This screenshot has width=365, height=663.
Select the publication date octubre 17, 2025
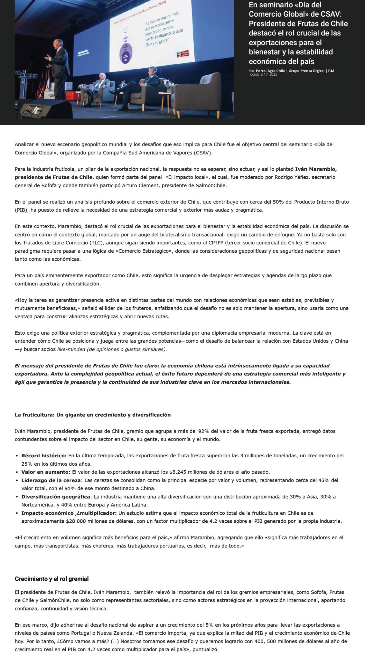pos(264,74)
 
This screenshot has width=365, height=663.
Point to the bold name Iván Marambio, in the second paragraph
pos(316,169)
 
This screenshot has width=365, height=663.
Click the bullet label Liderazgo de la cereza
pos(51,480)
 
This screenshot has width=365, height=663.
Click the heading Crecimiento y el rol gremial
pos(52,579)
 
